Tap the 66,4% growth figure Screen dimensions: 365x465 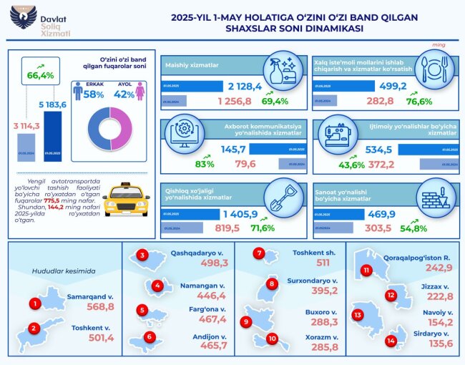click(x=41, y=74)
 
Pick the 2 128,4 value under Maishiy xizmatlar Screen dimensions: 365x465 click(x=245, y=86)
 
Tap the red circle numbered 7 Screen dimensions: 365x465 click(x=260, y=254)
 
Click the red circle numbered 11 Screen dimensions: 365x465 click(x=366, y=271)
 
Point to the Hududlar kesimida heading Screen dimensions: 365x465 click(x=57, y=271)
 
